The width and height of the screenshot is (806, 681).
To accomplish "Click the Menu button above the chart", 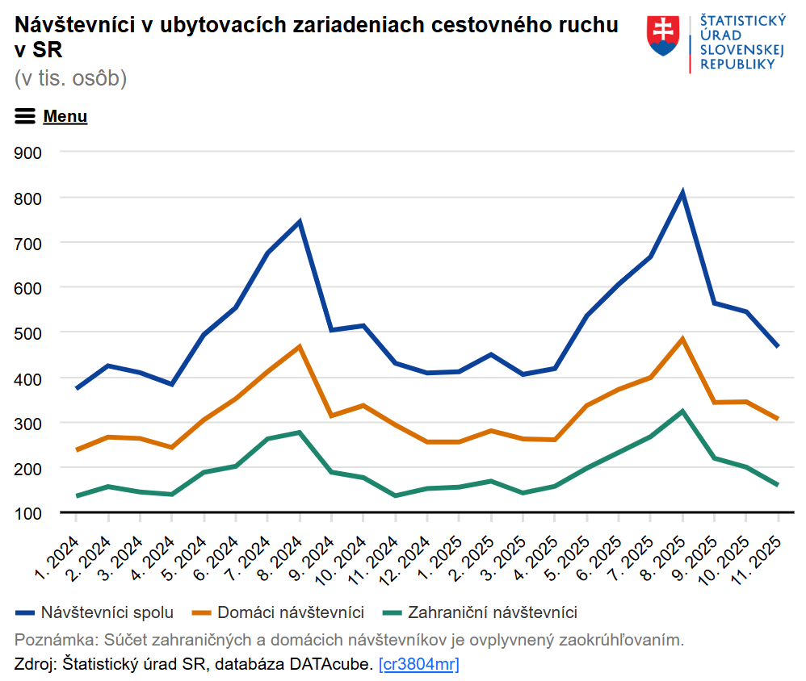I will point(51,116).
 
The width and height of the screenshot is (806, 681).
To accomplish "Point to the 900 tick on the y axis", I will point(28,152).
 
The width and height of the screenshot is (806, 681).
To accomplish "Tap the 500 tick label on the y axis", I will point(28,332).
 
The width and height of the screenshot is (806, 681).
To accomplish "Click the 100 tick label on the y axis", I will point(28,513).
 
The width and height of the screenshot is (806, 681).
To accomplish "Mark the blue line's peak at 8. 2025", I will point(682,193).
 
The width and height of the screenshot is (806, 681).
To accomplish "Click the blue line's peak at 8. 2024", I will point(300,221).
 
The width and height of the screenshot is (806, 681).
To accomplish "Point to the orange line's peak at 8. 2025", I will point(682,339).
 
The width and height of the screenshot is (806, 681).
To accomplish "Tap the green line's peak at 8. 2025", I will point(682,412).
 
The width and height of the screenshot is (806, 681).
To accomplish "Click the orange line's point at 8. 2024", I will point(300,347).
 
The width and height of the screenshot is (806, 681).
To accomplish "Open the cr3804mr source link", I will point(418,665).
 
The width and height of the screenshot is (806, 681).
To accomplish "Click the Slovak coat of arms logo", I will point(663,36).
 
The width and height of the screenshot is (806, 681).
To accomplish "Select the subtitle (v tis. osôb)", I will point(70,78).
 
